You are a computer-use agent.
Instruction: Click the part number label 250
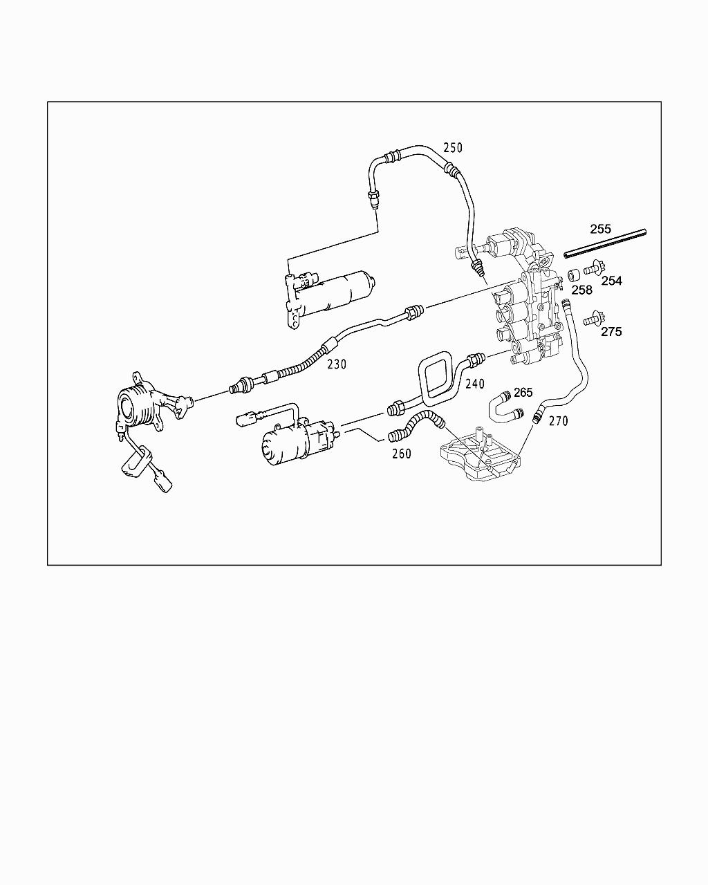coord(453,147)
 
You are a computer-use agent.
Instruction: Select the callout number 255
coord(600,228)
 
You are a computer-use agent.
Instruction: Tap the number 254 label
coord(611,280)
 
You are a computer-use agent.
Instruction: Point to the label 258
coord(581,290)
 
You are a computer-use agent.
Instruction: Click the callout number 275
coord(611,331)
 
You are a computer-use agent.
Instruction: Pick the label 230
coord(337,364)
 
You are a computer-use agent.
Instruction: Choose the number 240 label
coord(475,384)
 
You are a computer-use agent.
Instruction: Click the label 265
coord(523,392)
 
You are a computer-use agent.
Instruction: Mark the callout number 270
coord(558,420)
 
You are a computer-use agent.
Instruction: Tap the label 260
coord(401,454)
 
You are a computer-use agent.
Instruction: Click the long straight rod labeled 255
coord(605,241)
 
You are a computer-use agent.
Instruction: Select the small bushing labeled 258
coord(573,275)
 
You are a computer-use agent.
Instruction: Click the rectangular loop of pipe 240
coord(438,377)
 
